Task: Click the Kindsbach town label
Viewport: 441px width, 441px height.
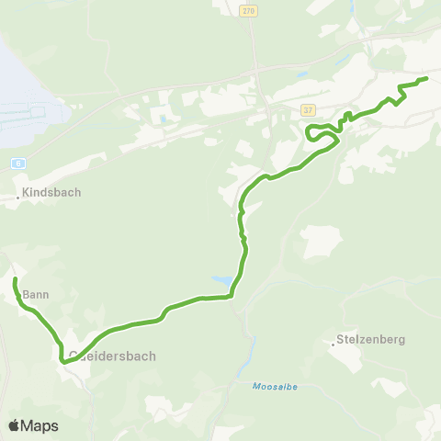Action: [52, 193]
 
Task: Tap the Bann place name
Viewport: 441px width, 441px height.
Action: [35, 295]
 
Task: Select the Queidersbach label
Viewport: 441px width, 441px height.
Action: [113, 356]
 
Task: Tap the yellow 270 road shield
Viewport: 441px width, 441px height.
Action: [250, 11]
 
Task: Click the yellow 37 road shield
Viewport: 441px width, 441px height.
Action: [307, 110]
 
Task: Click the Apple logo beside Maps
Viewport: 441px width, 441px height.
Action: [14, 425]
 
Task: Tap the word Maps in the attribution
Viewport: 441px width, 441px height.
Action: [40, 425]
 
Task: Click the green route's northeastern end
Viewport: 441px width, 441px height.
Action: [427, 80]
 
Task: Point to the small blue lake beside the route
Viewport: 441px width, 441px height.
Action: [222, 279]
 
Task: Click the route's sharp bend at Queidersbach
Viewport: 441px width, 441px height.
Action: [63, 361]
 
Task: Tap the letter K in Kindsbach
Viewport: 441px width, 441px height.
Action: [27, 193]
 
